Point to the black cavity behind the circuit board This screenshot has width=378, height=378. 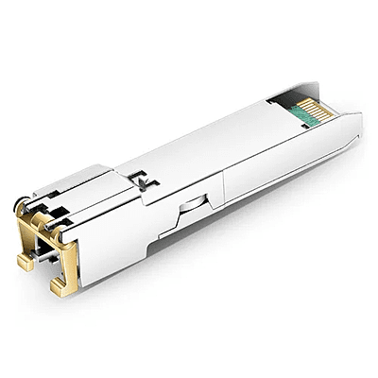click(281, 97)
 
